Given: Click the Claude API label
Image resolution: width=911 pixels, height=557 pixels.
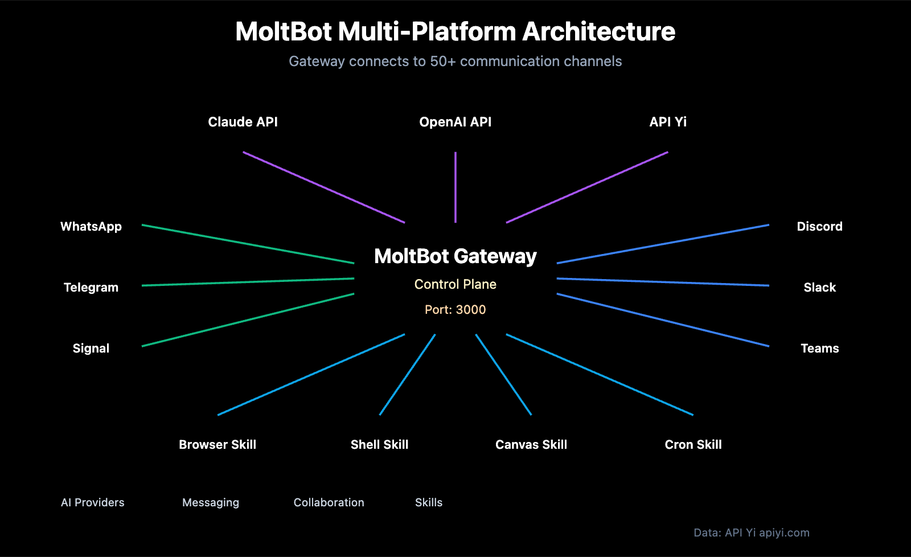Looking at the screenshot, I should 243,122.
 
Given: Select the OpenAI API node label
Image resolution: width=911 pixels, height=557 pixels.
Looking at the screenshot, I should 455,122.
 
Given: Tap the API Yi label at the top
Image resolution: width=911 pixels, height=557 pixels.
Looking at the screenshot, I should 668,122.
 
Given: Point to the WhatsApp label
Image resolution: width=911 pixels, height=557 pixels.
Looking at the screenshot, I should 91,227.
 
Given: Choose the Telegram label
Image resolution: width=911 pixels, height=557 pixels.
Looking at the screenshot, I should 91,288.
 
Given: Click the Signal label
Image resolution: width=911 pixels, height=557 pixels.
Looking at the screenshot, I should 91,349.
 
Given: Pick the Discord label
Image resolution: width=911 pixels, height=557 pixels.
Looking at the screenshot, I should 819,227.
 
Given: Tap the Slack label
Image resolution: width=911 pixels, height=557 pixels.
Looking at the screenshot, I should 819,288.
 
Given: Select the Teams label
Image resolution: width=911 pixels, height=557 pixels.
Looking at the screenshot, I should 819,349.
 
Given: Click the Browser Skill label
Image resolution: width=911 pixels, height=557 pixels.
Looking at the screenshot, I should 218,445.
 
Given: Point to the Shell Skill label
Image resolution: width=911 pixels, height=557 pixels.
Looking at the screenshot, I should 379,445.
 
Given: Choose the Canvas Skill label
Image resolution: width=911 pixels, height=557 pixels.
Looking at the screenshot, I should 531,445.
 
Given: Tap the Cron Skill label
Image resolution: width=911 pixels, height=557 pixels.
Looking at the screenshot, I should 693,445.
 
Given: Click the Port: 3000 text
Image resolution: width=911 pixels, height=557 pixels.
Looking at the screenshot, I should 455,310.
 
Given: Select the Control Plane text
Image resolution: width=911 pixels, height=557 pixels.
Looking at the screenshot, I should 455,284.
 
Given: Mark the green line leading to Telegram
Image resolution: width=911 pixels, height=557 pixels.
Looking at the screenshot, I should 248,282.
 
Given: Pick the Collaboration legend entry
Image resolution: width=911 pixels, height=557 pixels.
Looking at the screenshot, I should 329,503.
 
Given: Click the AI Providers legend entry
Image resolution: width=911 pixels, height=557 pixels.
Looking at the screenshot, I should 93,503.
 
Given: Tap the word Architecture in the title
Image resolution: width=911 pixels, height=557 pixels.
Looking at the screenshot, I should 598,32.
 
